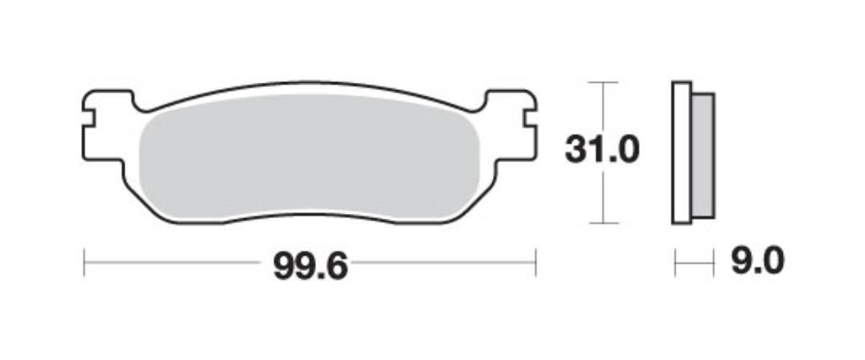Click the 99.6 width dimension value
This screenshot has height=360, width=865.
click(310, 266)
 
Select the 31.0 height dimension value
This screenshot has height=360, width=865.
click(602, 150)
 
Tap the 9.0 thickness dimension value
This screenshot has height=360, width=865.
click(758, 261)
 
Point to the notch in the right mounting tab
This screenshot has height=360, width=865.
click(530, 119)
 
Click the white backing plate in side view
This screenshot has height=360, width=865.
click(681, 153)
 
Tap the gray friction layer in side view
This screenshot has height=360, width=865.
click(703, 156)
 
